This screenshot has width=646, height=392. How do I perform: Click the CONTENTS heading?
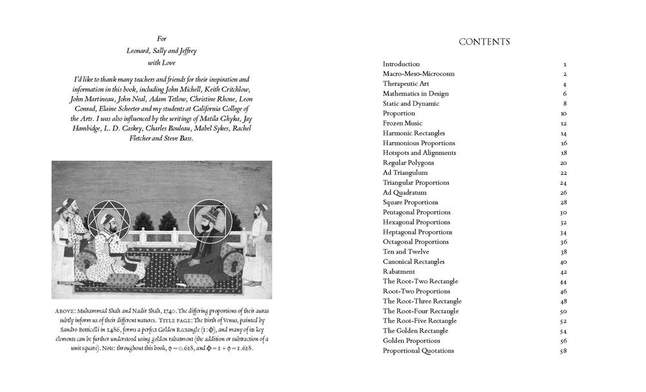click(x=484, y=43)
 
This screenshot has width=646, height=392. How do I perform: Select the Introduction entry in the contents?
click(x=401, y=64)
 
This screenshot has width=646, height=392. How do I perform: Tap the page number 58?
click(x=563, y=351)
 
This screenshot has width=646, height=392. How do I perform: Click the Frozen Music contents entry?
click(x=402, y=123)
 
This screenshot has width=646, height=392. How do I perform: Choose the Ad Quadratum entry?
click(x=404, y=192)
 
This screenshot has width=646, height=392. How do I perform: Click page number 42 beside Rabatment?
click(x=563, y=272)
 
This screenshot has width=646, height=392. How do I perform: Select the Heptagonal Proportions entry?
click(x=417, y=232)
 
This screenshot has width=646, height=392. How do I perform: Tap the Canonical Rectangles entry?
click(x=413, y=262)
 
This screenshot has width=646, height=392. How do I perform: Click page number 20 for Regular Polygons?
click(x=563, y=163)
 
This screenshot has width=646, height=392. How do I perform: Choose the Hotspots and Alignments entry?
click(x=419, y=153)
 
